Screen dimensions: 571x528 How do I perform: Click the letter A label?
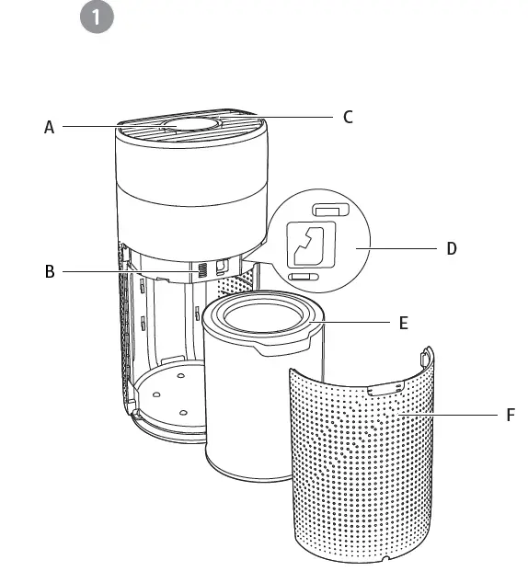(50, 128)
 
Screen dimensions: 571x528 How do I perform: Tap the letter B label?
(50, 271)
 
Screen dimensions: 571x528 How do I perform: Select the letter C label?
(348, 117)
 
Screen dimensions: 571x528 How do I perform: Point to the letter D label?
(451, 248)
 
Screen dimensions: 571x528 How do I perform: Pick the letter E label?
(403, 323)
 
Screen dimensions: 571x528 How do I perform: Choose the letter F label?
(511, 416)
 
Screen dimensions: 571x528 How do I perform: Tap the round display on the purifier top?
(191, 125)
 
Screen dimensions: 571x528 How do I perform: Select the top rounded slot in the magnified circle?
(327, 212)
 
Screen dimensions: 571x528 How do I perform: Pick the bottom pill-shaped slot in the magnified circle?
(303, 276)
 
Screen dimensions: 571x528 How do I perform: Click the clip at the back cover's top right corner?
(426, 355)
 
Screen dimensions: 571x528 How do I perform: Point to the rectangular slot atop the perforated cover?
(387, 389)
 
